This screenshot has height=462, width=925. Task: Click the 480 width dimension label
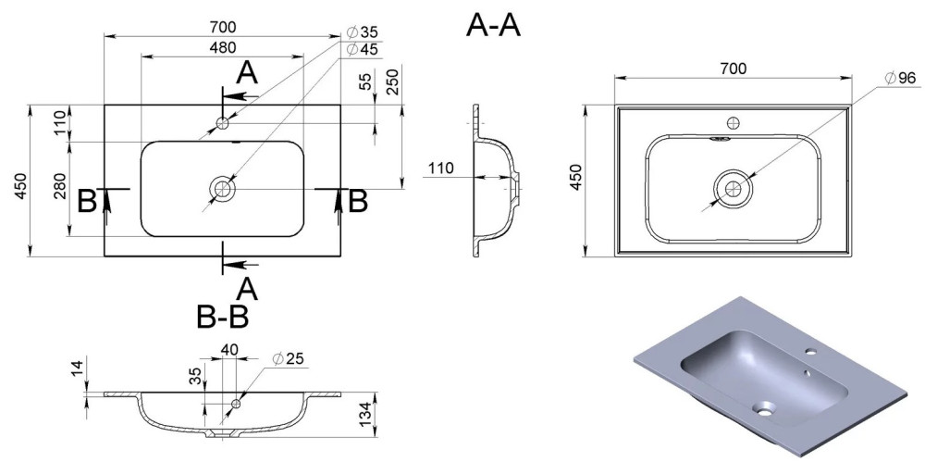coord(222,47)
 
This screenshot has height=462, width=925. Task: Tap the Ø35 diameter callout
coord(363,32)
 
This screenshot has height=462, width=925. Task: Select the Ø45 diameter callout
coord(363,49)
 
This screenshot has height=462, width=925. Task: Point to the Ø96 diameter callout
coord(899,77)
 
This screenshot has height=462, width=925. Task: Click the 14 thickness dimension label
coord(78,368)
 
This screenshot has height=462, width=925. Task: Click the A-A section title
coord(493,26)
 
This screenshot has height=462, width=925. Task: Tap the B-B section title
coord(222,318)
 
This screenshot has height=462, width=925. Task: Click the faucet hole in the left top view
coord(223,122)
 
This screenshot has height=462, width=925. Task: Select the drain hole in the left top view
coord(223,189)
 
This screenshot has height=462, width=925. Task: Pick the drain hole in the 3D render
coord(766,406)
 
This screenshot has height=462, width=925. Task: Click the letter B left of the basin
coord(87,200)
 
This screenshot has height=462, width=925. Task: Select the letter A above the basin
coord(246,72)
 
